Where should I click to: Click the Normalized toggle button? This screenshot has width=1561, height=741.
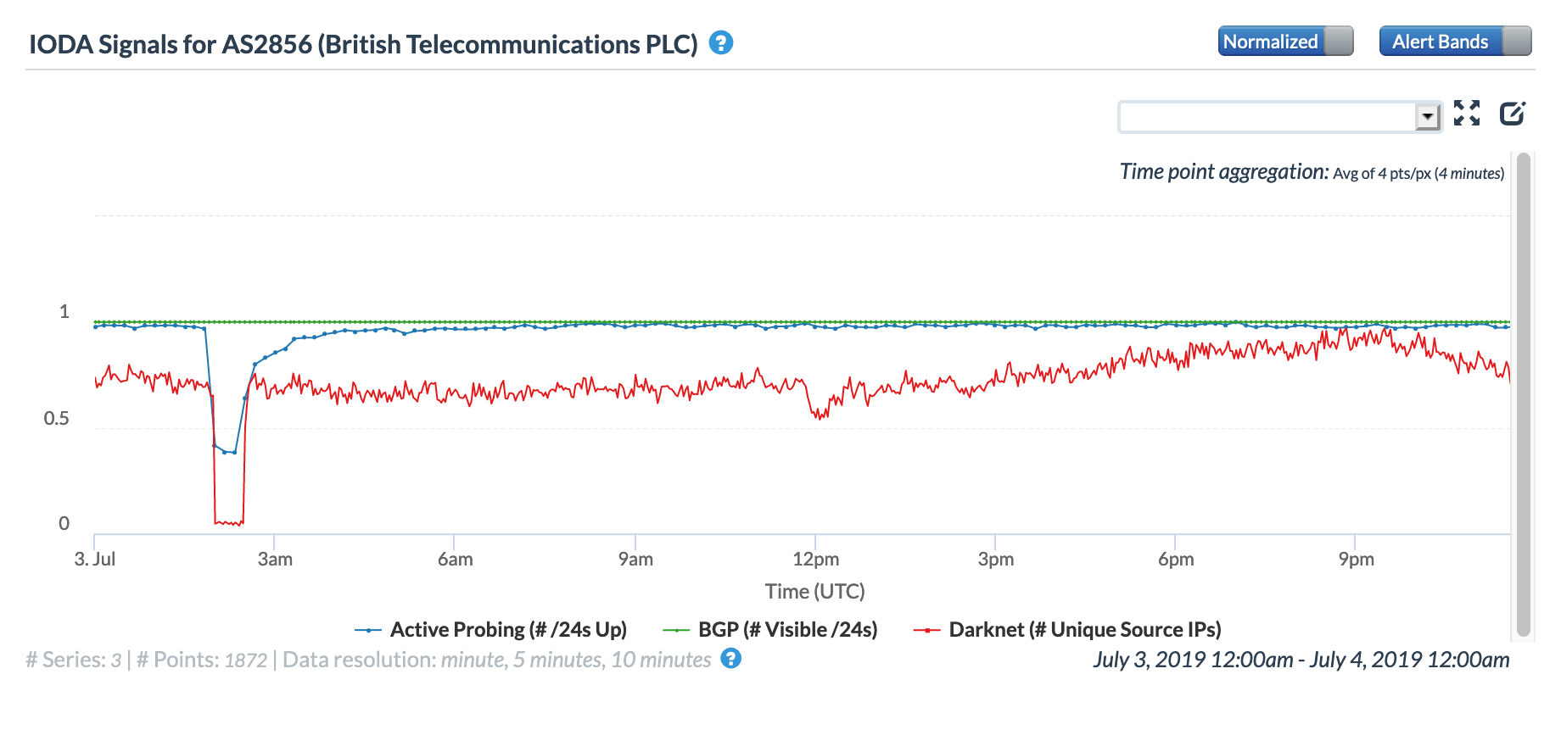pos(1285,42)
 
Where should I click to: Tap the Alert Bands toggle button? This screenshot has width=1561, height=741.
pos(1455,42)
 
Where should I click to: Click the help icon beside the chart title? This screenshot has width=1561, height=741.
pos(721,42)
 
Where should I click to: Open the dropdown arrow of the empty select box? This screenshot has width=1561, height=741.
pos(1428,116)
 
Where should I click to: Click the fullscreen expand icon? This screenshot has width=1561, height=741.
pos(1467,113)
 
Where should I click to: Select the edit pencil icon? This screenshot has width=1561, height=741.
pos(1513,113)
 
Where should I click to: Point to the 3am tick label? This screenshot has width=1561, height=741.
pos(275,560)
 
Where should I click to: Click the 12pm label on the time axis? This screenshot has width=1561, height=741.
pos(815,560)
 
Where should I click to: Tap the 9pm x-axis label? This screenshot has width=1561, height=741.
pos(1356,560)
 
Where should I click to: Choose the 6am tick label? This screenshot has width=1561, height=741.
pos(455,560)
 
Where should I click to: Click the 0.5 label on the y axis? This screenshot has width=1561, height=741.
pos(57,418)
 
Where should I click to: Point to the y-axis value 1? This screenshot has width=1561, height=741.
pos(64,311)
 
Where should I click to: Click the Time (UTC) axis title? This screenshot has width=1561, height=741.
pos(814,591)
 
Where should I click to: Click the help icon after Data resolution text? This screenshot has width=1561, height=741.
pos(730,659)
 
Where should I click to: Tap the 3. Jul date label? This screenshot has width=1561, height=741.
pos(95,560)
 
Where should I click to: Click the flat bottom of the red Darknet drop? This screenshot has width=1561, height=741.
pos(229,522)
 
